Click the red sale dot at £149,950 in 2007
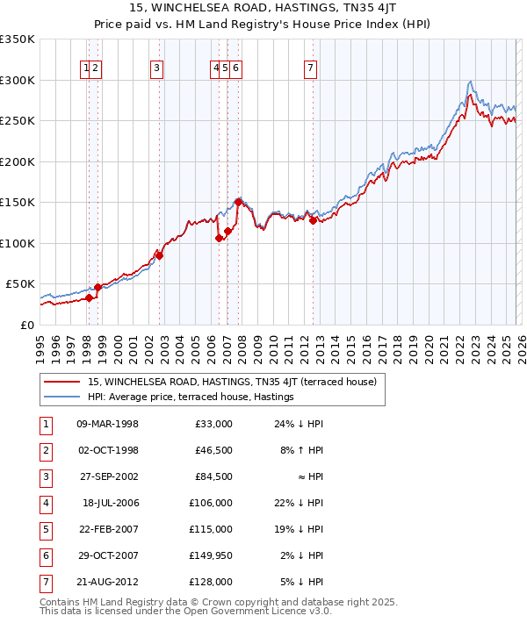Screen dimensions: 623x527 (x=238, y=202)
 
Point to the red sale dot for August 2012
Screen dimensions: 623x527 (x=313, y=220)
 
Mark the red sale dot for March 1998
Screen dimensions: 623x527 (x=89, y=297)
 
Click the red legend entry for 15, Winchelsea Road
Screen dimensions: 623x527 (x=232, y=382)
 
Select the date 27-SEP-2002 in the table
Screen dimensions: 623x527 (x=108, y=478)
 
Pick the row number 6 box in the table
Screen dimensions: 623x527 (x=44, y=555)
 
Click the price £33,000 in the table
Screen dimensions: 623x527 (x=212, y=425)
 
